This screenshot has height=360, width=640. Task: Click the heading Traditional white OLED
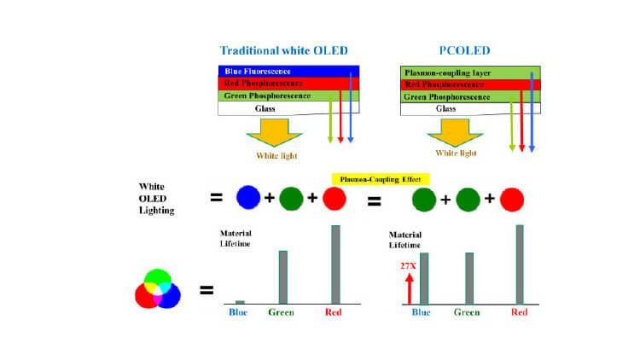[283, 50]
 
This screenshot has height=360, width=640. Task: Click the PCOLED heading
[464, 50]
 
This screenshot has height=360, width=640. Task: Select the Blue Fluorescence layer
[288, 71]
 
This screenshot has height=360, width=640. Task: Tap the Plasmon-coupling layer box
[470, 73]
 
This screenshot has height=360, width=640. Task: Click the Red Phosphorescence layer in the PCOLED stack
[470, 85]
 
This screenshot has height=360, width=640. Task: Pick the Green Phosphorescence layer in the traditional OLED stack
[288, 96]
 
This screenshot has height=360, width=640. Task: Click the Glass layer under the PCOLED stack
[470, 109]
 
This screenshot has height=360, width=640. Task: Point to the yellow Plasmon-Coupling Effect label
[381, 179]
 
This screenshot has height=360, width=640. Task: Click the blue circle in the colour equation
[248, 198]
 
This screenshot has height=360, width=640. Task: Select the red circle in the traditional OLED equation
[335, 199]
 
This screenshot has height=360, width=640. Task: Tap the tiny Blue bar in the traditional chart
[240, 303]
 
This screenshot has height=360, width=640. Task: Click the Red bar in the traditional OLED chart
[335, 264]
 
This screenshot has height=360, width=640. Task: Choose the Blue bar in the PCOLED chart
[424, 278]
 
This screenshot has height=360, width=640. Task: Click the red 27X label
[408, 266]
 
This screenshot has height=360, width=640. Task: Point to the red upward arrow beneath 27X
[410, 288]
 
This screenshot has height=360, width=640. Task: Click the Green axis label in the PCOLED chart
[467, 312]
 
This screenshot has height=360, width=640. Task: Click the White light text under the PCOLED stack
[456, 153]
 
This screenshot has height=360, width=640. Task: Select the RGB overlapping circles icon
[158, 288]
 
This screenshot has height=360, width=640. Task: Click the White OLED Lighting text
[156, 199]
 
